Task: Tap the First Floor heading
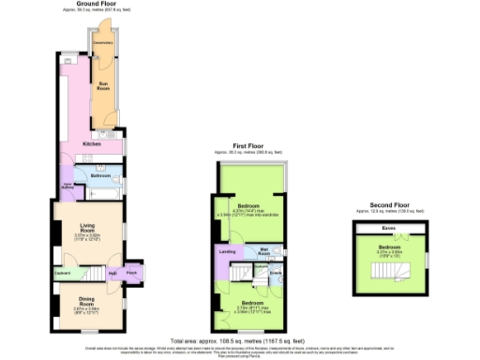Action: (248, 146)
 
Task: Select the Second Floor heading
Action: (389, 204)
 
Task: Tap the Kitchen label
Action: (92, 143)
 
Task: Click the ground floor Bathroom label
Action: (99, 175)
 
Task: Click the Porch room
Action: (131, 274)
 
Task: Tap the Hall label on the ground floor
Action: (112, 274)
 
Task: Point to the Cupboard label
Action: (63, 274)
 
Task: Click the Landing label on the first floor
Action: (227, 252)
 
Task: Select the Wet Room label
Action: (264, 251)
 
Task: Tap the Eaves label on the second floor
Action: (387, 228)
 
